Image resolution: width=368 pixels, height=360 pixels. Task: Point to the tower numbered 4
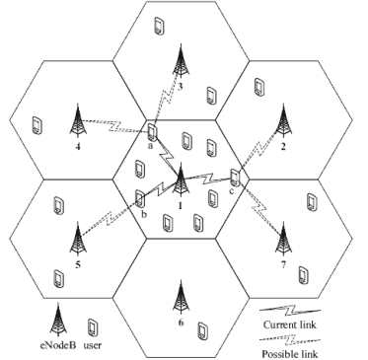pos(77,122)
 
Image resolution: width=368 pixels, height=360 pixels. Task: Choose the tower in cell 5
pos(77,237)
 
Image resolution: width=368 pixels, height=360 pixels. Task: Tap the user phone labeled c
pos(235,179)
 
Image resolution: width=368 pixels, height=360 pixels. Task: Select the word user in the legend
pos(94,347)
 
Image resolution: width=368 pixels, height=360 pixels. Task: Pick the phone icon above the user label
pos(94,325)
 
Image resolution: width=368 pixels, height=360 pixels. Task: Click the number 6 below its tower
pos(181,321)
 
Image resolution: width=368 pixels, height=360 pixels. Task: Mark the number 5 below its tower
pos(77,264)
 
